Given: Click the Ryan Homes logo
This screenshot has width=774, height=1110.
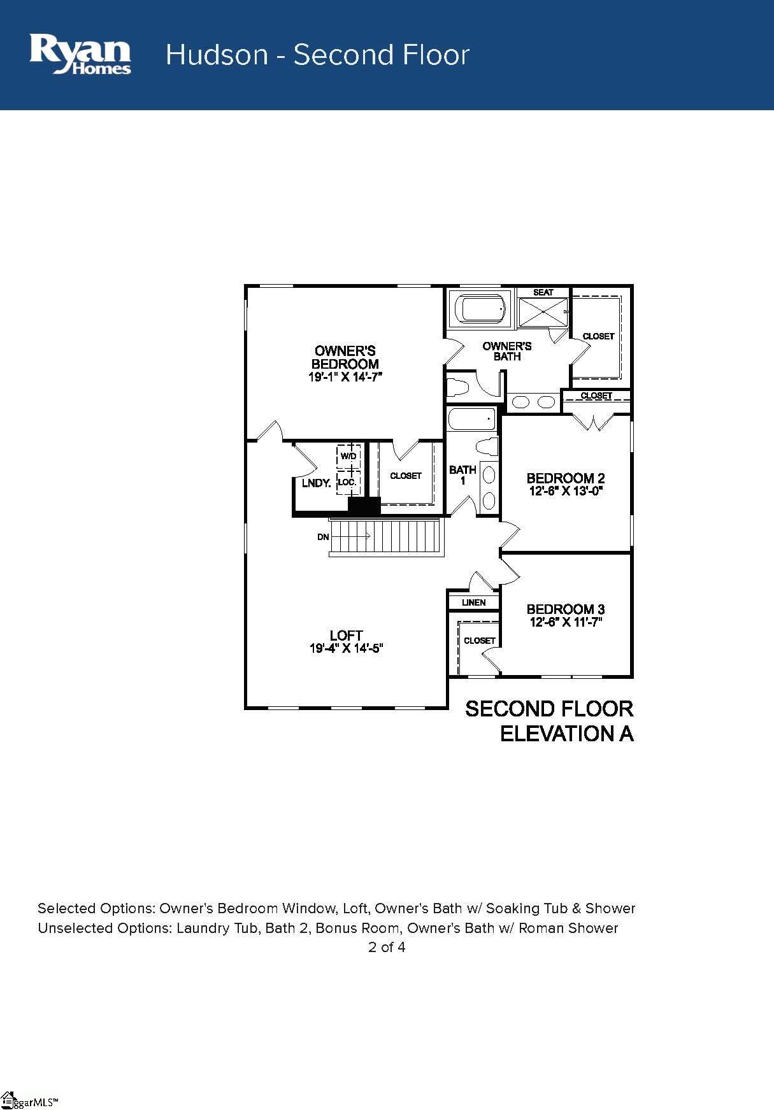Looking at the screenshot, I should coord(80,55).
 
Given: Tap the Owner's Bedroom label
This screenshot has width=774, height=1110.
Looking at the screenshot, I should coord(345,357).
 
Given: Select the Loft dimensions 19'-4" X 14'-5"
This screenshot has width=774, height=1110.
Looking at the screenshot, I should coord(346,649).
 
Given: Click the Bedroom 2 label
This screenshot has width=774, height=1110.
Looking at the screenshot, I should coord(565,478).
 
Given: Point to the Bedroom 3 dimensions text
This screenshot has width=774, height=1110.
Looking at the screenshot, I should coord(566,622).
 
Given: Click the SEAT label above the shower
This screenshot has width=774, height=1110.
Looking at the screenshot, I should coord(543,292).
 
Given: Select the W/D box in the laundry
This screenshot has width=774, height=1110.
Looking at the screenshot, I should coord(348,456).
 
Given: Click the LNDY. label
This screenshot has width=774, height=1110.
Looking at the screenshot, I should coord(316,483).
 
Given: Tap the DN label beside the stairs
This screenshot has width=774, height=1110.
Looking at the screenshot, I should coord(323,537).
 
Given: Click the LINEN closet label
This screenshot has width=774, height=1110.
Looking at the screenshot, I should coord(473,602).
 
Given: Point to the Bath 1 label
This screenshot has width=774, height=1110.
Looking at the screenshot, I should coord(462,475).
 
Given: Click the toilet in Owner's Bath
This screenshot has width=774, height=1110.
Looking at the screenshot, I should coord(458,387).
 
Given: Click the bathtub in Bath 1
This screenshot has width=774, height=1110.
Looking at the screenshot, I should coord(471,420).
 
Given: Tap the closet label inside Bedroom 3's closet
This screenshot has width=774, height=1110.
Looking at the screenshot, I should coord(479,641).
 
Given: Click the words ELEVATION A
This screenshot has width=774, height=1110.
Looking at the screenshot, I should coord(566,734).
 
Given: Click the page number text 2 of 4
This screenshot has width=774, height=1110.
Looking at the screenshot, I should coord(387,947).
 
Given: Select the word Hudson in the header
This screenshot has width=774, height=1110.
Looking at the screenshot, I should coord(217,55).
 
